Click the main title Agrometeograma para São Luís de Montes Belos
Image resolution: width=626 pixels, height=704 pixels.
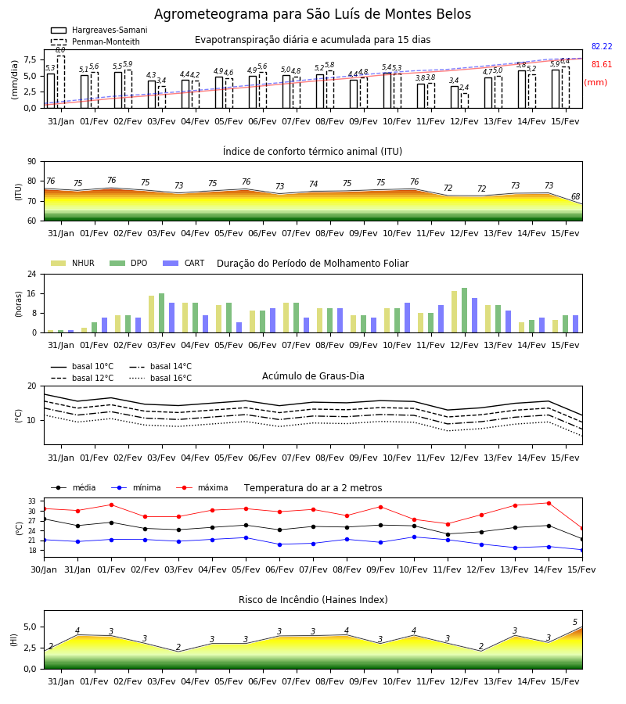tap(312, 14)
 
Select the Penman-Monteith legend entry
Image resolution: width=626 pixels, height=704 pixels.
tap(95, 41)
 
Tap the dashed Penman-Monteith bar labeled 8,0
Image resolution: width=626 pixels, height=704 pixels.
tap(60, 81)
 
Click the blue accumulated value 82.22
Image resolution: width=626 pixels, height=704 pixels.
tap(602, 47)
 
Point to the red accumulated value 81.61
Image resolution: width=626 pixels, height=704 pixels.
tap(602, 65)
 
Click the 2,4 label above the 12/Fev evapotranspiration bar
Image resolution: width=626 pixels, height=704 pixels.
tap(464, 88)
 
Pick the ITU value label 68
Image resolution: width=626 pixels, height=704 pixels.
tap(575, 196)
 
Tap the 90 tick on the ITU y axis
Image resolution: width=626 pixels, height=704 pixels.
tap(32, 162)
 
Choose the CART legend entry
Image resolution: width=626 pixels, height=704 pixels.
tap(184, 263)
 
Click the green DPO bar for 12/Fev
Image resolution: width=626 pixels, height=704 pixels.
tap(464, 311)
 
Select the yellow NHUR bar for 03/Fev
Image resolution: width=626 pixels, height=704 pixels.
tap(151, 314)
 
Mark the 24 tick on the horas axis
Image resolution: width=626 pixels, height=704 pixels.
tap(32, 274)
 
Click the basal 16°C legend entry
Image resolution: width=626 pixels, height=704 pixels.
tap(160, 379)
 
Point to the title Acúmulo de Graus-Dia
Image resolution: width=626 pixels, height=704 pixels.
tap(313, 376)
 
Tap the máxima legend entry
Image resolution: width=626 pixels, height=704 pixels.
tap(203, 488)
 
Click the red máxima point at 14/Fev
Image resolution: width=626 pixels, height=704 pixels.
tap(549, 503)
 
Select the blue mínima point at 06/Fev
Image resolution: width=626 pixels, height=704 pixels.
tap(280, 544)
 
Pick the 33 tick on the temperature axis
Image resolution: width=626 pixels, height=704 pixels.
tap(32, 501)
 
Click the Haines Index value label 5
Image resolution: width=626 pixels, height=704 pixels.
tap(575, 623)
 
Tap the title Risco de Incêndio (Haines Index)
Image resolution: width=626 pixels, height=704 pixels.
tap(313, 600)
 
